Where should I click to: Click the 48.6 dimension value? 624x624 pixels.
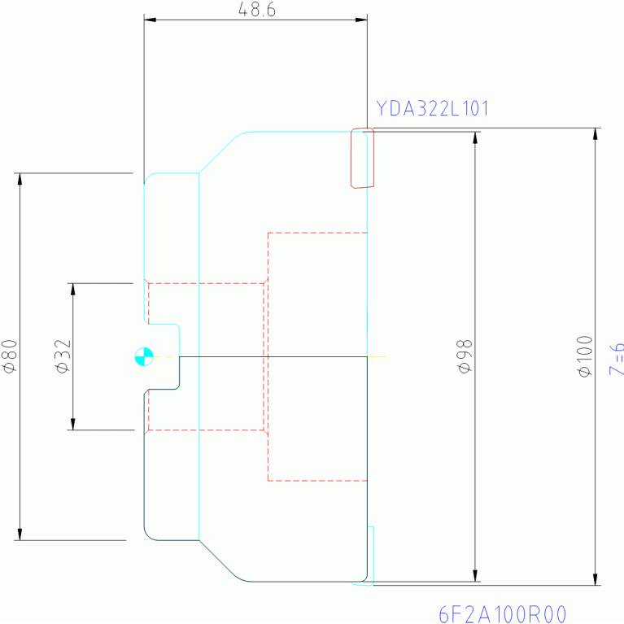click(255, 10)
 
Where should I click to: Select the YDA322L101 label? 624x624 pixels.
click(432, 108)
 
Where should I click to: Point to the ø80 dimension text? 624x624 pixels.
click(10, 356)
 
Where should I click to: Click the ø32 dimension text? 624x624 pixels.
click(64, 356)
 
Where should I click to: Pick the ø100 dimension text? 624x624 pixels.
click(584, 356)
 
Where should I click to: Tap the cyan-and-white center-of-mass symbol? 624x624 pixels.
click(144, 356)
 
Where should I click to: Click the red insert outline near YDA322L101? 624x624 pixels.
click(362, 158)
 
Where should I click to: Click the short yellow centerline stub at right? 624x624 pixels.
click(377, 356)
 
